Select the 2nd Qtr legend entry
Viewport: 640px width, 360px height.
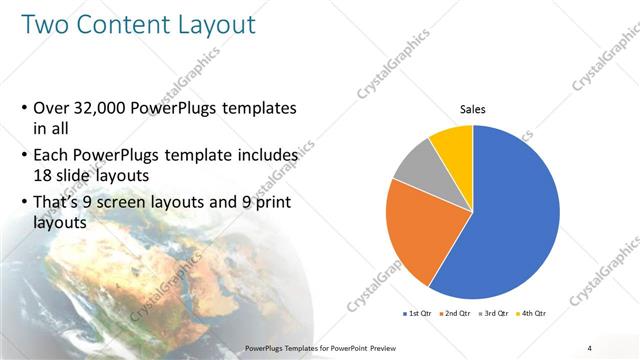tap(457, 314)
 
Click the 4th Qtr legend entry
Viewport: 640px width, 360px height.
tap(534, 314)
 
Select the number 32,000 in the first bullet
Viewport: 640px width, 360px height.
tap(104, 108)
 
